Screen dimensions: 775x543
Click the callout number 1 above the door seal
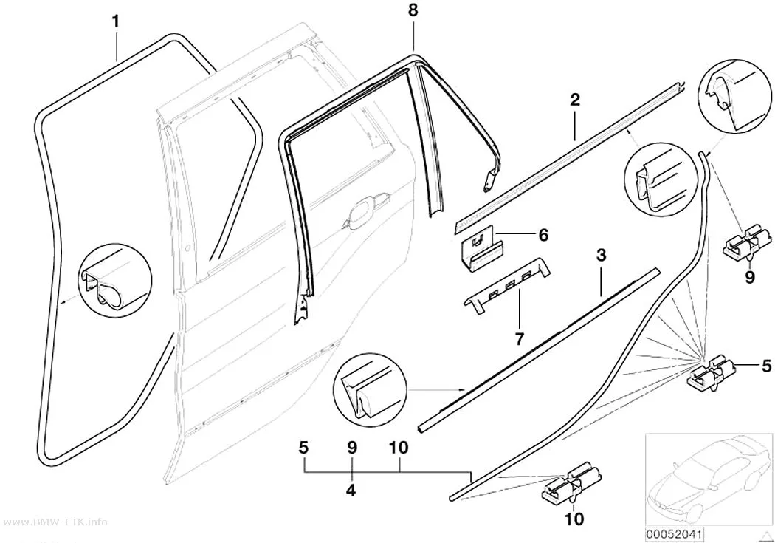point(116,21)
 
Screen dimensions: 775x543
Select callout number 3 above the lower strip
point(601,256)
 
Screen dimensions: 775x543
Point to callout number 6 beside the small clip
point(543,235)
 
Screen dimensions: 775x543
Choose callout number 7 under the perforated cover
point(519,339)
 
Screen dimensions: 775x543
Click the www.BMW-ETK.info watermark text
point(54,522)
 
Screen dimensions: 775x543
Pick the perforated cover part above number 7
point(506,285)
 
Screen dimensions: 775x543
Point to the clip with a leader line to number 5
point(710,375)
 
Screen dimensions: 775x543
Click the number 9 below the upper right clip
point(750,277)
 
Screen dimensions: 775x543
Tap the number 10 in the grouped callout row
point(399,448)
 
